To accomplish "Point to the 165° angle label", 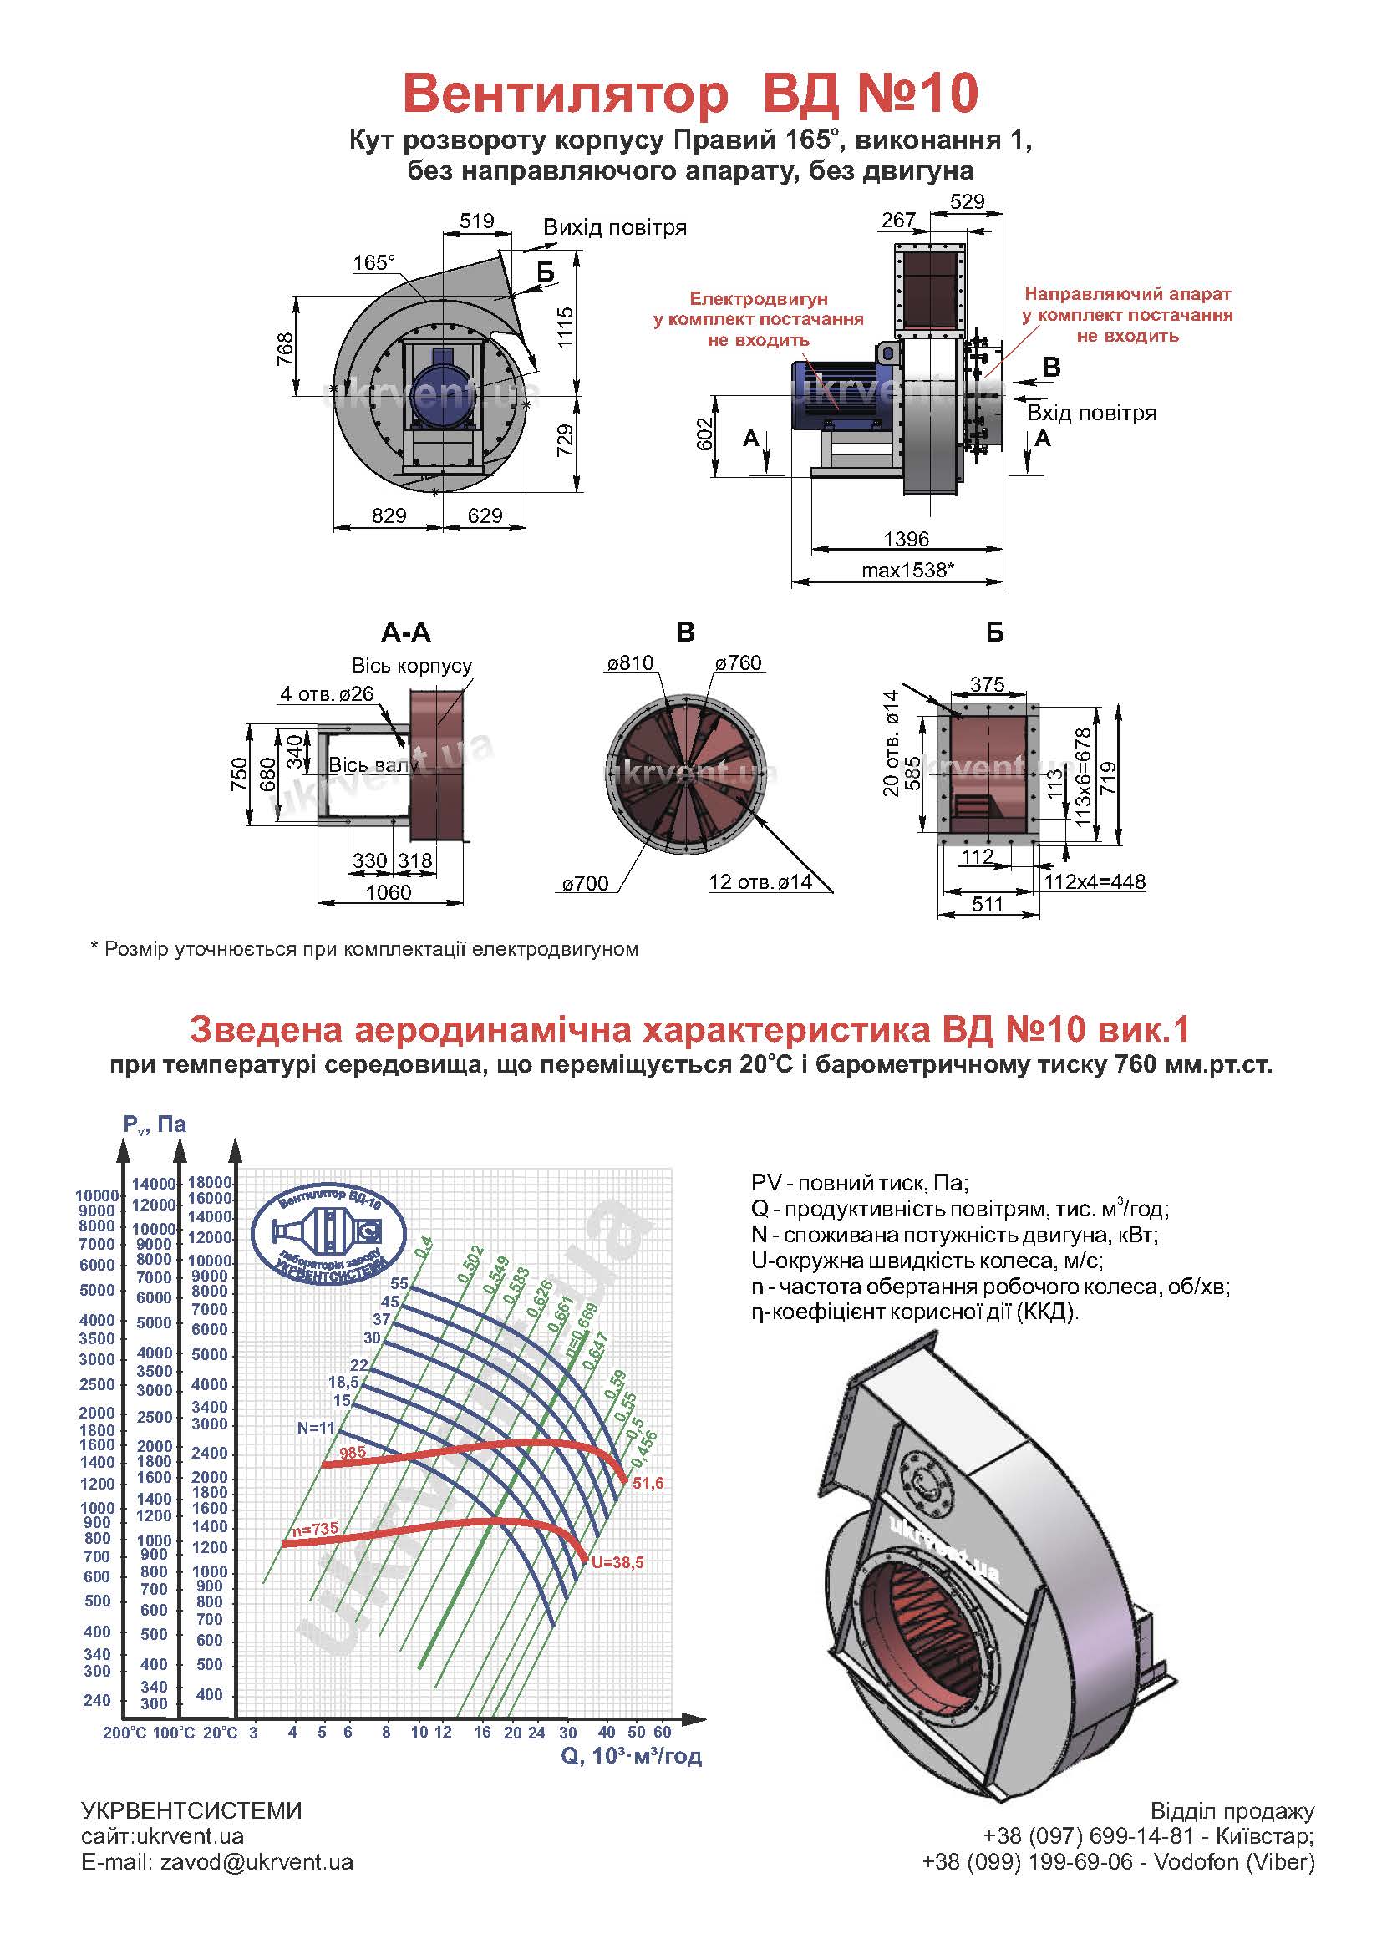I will tap(373, 263).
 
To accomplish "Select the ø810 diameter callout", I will tap(630, 663).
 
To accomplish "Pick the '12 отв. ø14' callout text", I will tap(760, 882).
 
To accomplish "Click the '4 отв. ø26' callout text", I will tap(327, 693).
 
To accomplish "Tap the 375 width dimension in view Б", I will tap(987, 684).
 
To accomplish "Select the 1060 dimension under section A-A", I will tap(388, 892).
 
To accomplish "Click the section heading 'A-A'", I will tap(406, 632).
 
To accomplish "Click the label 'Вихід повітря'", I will tap(614, 228).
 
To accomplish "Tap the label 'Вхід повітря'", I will tap(1091, 414).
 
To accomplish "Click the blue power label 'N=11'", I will tap(317, 1429).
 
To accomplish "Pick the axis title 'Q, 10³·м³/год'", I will tap(631, 1756).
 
